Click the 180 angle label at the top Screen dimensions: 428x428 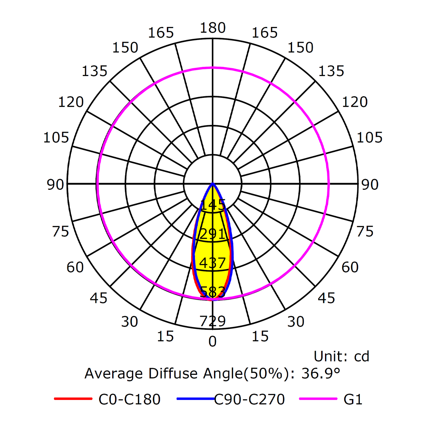pos(213,28)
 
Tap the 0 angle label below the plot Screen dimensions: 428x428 pos(213,342)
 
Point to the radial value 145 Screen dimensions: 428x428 pos(213,205)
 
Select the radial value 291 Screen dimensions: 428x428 pos(213,234)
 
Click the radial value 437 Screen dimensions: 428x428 pos(213,263)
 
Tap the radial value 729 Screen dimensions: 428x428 pos(213,321)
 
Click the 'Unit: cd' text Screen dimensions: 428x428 pos(341,356)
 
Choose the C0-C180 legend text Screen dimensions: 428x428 pos(130,399)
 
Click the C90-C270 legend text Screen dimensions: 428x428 pos(250,399)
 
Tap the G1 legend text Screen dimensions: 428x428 pos(353,399)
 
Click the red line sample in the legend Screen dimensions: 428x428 pos(73,399)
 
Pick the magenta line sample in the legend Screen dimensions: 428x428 pos(317,399)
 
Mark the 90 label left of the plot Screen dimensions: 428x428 pos(55,185)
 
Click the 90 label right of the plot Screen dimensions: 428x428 pos(370,185)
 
